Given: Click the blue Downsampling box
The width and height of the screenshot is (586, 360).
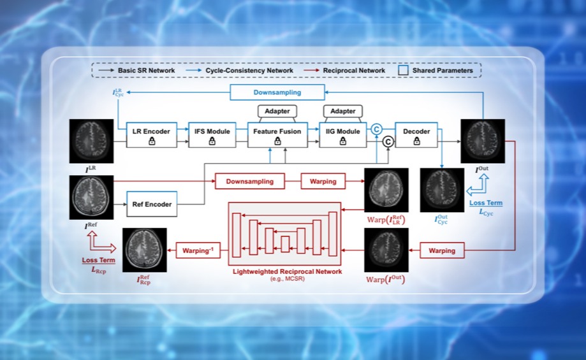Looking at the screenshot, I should pyautogui.click(x=277, y=92).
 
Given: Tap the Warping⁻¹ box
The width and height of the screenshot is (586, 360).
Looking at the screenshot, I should pyautogui.click(x=197, y=251).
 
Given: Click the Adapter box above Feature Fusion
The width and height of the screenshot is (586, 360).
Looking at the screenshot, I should pyautogui.click(x=277, y=112).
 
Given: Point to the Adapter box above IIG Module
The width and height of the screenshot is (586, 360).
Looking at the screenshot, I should pyautogui.click(x=342, y=112).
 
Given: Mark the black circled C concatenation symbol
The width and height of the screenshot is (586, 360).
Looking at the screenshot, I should pyautogui.click(x=388, y=142).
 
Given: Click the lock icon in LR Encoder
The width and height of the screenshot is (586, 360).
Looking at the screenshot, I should pyautogui.click(x=152, y=141).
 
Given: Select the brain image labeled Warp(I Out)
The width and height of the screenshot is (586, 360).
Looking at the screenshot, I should pyautogui.click(x=386, y=250).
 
